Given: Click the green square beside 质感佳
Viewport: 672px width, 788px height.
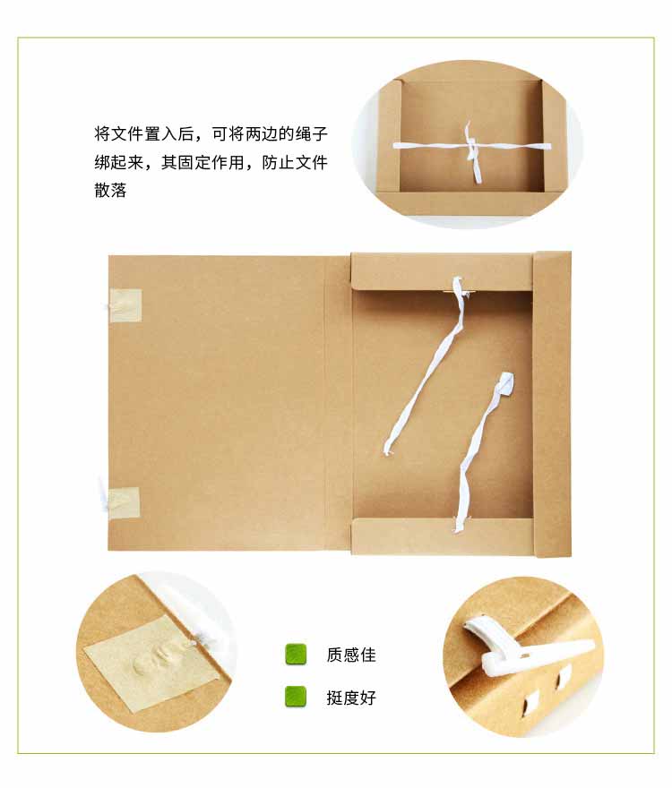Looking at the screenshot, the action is (x=296, y=655).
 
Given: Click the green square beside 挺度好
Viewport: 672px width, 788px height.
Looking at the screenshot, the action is (x=296, y=697).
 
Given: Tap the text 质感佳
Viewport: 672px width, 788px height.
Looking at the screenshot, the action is (x=351, y=655).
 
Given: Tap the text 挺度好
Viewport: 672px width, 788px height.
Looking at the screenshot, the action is (x=351, y=698).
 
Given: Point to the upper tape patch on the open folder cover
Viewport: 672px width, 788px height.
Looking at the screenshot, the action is (x=125, y=305).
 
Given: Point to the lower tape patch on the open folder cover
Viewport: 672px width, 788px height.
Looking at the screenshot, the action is (x=125, y=502).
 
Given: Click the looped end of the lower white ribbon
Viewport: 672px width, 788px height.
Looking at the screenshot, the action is (x=504, y=386).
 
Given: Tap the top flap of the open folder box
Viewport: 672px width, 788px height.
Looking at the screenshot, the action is (x=442, y=271).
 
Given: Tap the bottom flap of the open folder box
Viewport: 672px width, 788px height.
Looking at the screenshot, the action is (x=442, y=537).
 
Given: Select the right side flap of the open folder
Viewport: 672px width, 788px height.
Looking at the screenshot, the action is (x=552, y=404).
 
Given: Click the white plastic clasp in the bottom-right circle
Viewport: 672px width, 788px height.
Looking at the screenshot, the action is (x=523, y=648).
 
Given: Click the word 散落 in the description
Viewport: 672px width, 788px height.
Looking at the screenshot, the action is (x=111, y=191).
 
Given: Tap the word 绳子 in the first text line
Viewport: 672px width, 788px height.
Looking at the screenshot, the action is (x=312, y=134).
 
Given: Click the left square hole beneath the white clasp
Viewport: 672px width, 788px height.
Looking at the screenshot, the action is (x=531, y=701).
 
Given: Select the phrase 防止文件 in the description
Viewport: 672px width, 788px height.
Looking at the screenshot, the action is (x=295, y=162).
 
